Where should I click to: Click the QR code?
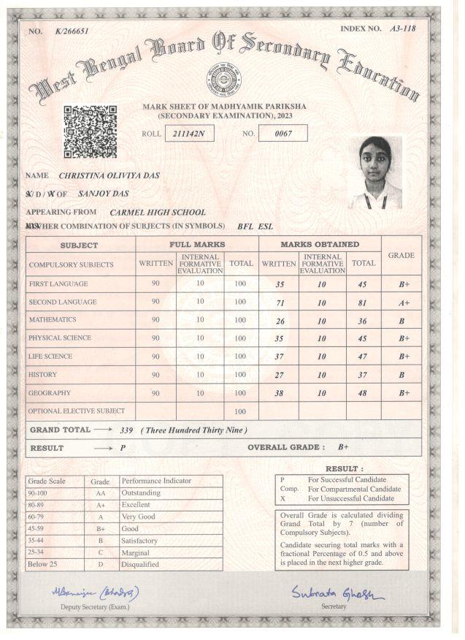pyautogui.click(x=91, y=132)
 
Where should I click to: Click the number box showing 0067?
pyautogui.click(x=283, y=134)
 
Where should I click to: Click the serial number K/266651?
pyautogui.click(x=71, y=32)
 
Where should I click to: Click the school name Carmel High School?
pyautogui.click(x=153, y=212)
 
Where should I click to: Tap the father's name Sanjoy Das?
pyautogui.click(x=104, y=194)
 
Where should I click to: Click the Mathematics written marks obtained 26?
pyautogui.click(x=278, y=320)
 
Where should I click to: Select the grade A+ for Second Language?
pyautogui.click(x=404, y=302)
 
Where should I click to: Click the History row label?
pyautogui.click(x=43, y=374)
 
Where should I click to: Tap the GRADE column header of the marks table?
pyautogui.click(x=401, y=256)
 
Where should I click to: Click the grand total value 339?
pyautogui.click(x=126, y=430)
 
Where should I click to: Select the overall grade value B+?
pyautogui.click(x=343, y=446)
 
